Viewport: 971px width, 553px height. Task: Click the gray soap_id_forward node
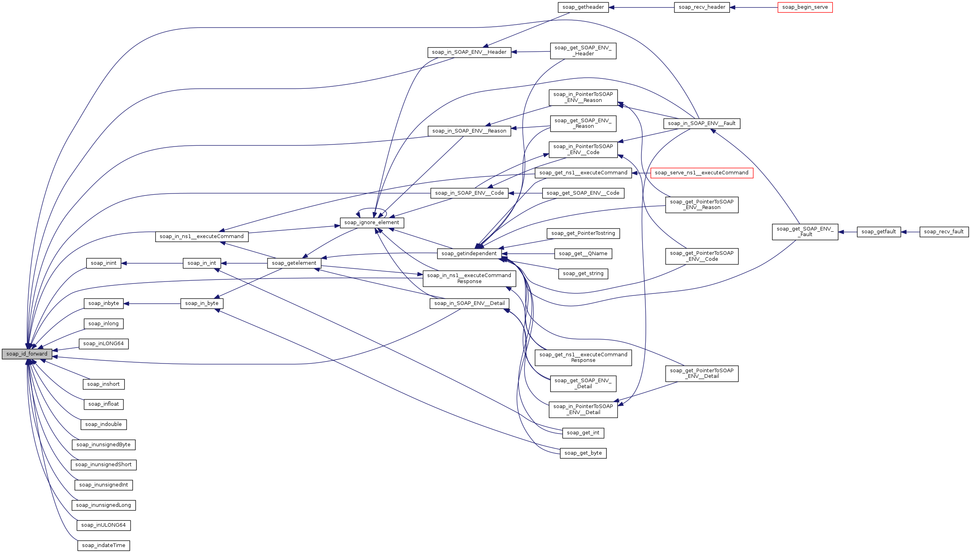tap(27, 354)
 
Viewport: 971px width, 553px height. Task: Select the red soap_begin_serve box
tap(805, 7)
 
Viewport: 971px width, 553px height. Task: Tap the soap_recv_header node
tap(701, 7)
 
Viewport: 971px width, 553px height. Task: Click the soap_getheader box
tap(583, 7)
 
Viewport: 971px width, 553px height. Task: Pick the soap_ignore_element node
tap(371, 223)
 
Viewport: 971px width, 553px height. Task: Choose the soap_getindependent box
tap(469, 254)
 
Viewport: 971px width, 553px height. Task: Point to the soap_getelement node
tap(294, 263)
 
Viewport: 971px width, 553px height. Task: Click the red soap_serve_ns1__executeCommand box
tap(701, 173)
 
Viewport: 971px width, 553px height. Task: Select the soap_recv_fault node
tap(944, 232)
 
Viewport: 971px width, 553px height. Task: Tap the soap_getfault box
tap(878, 232)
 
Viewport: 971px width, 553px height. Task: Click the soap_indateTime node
tap(104, 545)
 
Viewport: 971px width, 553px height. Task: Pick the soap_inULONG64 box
tap(104, 525)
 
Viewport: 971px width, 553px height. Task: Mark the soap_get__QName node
tap(583, 254)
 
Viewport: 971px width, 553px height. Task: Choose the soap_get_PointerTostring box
tap(583, 233)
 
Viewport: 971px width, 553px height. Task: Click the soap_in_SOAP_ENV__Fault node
tap(701, 123)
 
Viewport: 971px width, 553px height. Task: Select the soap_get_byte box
tap(583, 453)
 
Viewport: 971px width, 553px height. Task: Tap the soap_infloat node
tap(104, 404)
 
